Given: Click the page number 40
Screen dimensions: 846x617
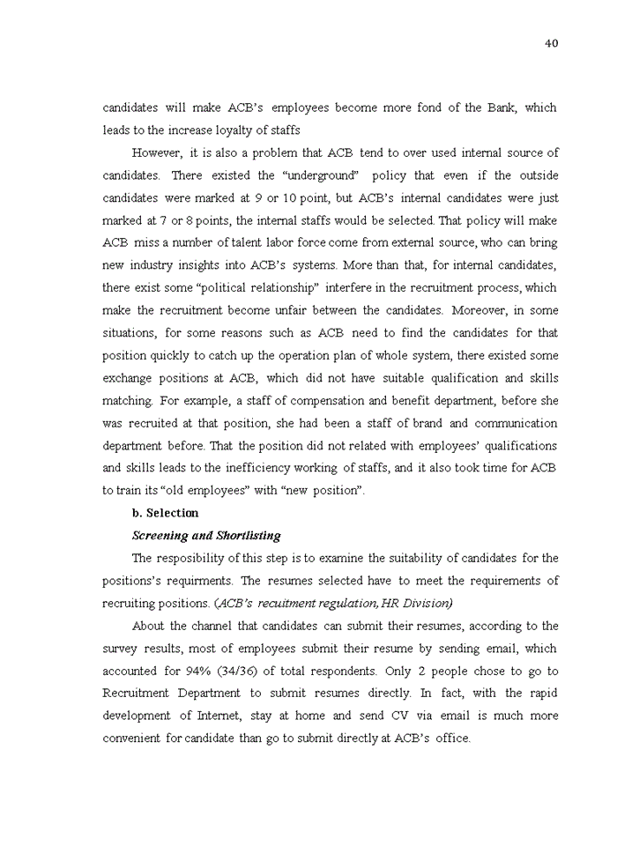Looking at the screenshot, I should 552,43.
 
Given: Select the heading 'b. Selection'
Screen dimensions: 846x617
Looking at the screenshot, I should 165,513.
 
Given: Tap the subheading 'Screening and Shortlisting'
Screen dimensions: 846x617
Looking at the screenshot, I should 206,535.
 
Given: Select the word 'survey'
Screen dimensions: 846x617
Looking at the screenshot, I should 122,649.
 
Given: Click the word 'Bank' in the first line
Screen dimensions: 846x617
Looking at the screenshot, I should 500,108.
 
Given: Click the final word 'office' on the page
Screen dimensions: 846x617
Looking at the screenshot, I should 451,738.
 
